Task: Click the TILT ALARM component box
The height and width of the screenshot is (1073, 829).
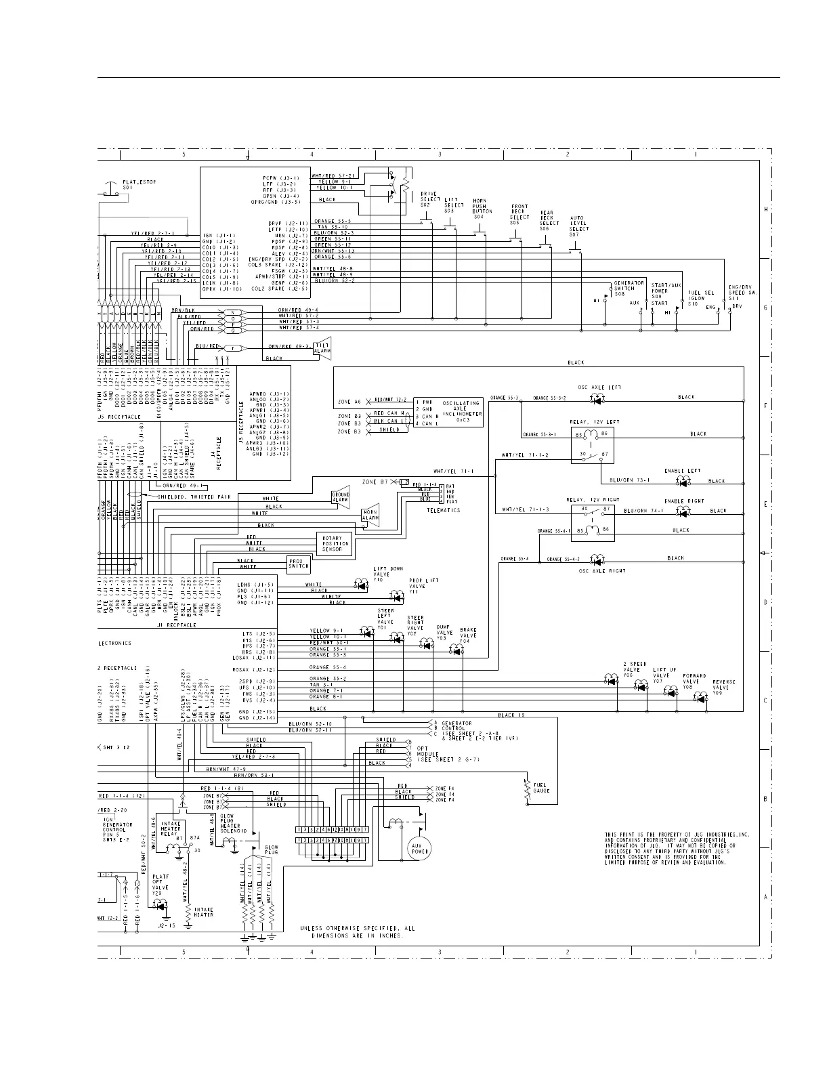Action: click(323, 348)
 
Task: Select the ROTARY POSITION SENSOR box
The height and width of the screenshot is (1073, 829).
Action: click(336, 543)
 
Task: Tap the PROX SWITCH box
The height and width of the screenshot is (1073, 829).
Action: click(298, 563)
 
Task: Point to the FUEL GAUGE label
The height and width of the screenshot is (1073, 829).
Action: click(541, 788)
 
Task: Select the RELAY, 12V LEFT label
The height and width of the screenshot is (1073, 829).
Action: click(593, 422)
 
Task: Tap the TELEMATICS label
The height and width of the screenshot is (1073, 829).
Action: click(444, 510)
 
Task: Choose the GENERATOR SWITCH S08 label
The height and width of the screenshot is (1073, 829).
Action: click(629, 289)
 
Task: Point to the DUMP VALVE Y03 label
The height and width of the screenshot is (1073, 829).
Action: click(443, 633)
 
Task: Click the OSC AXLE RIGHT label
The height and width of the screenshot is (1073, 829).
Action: click(593, 571)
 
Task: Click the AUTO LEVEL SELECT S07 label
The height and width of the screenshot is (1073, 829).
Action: click(579, 224)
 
